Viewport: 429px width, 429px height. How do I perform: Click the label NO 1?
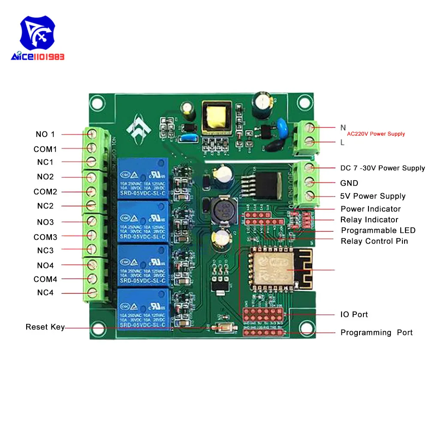pyautogui.click(x=45, y=134)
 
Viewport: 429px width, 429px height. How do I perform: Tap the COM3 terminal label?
pyautogui.click(x=45, y=237)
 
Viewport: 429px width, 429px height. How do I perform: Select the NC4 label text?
pyautogui.click(x=45, y=293)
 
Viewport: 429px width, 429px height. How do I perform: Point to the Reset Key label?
pyautogui.click(x=45, y=327)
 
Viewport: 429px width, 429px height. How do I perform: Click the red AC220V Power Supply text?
pyautogui.click(x=376, y=134)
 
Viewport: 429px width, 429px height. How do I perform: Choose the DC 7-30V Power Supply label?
pyautogui.click(x=383, y=168)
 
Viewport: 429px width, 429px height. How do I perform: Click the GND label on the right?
pyautogui.click(x=349, y=183)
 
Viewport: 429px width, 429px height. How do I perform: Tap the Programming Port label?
pyautogui.click(x=376, y=332)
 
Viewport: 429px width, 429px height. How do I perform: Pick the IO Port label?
pyautogui.click(x=354, y=314)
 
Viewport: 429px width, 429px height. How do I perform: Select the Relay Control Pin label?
pyautogui.click(x=374, y=241)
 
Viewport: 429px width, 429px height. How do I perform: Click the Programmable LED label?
pyautogui.click(x=378, y=231)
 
